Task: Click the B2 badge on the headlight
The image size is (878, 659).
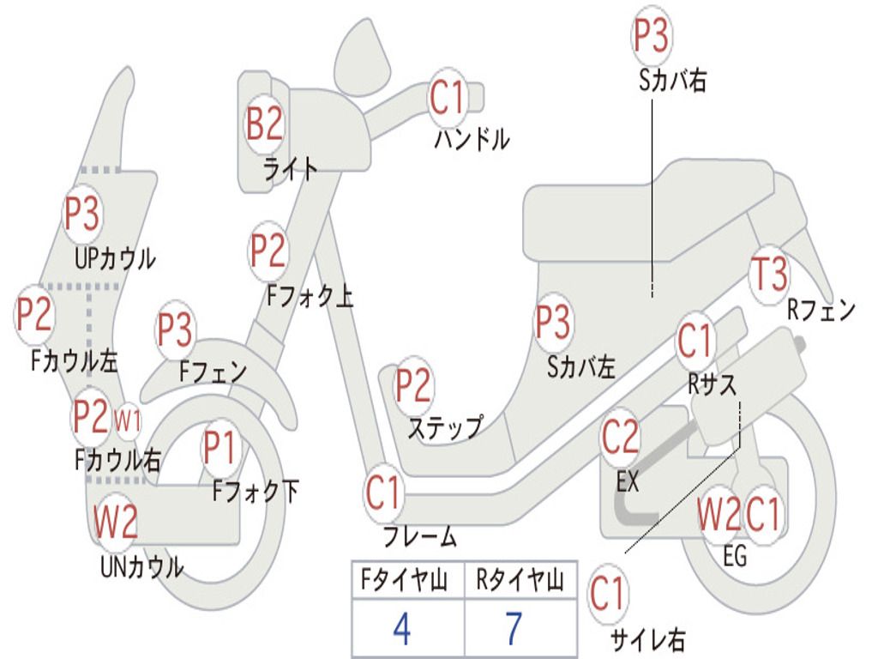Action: pyautogui.click(x=265, y=124)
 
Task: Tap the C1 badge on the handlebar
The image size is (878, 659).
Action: pyautogui.click(x=448, y=98)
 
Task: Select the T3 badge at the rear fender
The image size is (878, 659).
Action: pyautogui.click(x=769, y=275)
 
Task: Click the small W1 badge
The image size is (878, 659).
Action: pyautogui.click(x=128, y=420)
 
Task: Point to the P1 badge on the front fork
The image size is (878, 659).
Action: pyautogui.click(x=219, y=447)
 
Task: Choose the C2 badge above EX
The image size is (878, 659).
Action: pyautogui.click(x=620, y=438)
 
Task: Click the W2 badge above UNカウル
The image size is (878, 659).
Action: pyautogui.click(x=116, y=521)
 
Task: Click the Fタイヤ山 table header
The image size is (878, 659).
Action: pyautogui.click(x=405, y=580)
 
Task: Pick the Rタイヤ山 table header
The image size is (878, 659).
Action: pyautogui.click(x=520, y=580)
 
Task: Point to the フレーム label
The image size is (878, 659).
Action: pyautogui.click(x=420, y=535)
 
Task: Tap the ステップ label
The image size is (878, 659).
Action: pyautogui.click(x=446, y=427)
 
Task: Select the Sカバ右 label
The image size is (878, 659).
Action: pyautogui.click(x=672, y=81)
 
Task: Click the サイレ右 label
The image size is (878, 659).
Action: pyautogui.click(x=648, y=639)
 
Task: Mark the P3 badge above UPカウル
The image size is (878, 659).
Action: pyautogui.click(x=82, y=214)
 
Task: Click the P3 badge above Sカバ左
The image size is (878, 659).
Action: pyautogui.click(x=553, y=323)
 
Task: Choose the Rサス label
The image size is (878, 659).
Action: pyautogui.click(x=712, y=384)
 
